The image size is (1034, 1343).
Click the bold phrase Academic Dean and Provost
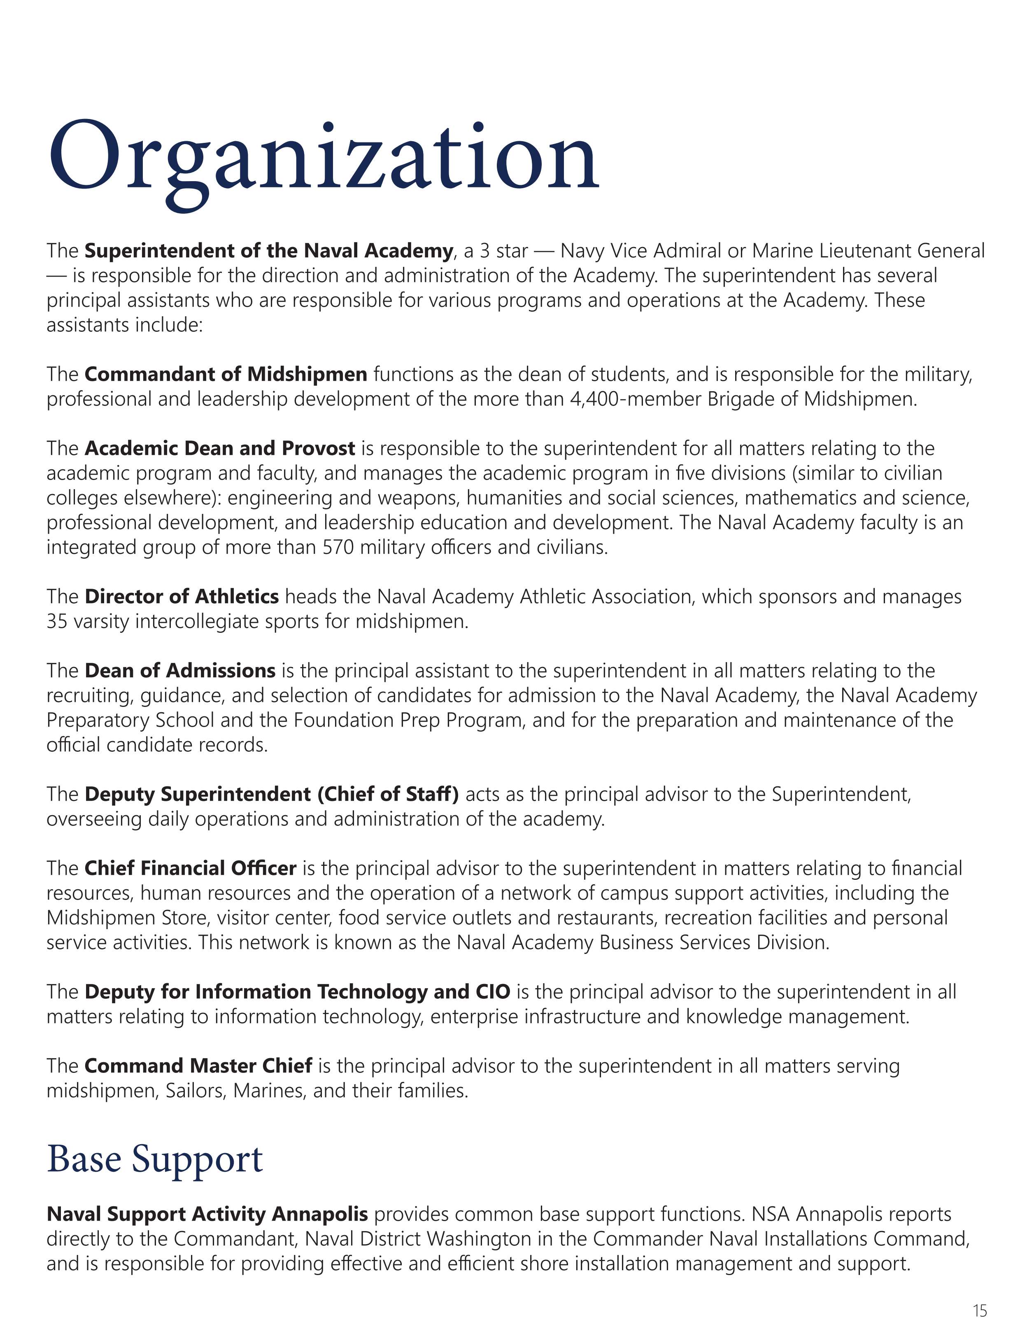[219, 448]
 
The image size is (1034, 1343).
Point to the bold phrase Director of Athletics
[182, 597]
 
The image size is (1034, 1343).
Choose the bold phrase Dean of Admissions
[179, 670]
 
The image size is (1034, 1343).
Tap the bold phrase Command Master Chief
[198, 1066]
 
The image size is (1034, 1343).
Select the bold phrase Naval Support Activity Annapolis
[207, 1214]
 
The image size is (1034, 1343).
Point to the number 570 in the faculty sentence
[338, 547]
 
